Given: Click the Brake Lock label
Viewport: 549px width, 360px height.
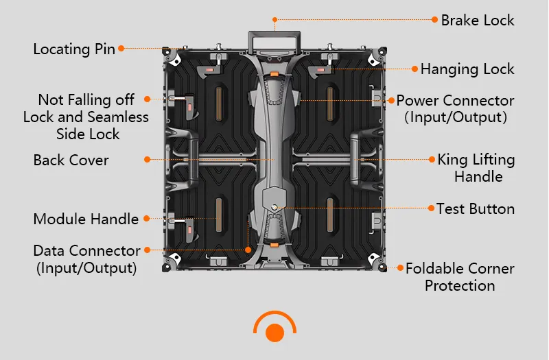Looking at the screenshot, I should click(478, 20).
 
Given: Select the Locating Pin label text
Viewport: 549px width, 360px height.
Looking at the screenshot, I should click(74, 49).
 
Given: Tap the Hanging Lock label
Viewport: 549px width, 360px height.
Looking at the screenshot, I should click(467, 69).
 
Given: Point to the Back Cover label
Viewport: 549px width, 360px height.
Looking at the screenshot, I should click(71, 160).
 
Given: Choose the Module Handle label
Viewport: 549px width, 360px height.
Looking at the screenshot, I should click(86, 219).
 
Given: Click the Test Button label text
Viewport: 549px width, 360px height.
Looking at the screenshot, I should click(476, 208).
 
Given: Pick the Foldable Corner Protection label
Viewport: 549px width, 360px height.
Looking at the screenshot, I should click(460, 277).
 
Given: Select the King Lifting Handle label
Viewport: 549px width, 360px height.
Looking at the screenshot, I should click(477, 168).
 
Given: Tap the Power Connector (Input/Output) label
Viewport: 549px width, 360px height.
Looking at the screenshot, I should click(456, 109).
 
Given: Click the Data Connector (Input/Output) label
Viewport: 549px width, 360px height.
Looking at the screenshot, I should click(86, 259).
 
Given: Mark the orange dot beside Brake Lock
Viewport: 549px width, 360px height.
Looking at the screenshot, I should click(434, 20).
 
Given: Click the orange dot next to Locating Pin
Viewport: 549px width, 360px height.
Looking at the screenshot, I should click(121, 48).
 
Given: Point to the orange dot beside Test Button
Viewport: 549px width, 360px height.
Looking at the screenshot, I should click(431, 208).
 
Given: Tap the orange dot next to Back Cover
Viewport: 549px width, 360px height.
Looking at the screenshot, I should click(147, 160).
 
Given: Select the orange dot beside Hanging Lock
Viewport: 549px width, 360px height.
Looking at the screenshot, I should click(414, 69).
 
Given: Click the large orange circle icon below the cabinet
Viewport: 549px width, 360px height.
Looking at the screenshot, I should click(274, 333).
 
